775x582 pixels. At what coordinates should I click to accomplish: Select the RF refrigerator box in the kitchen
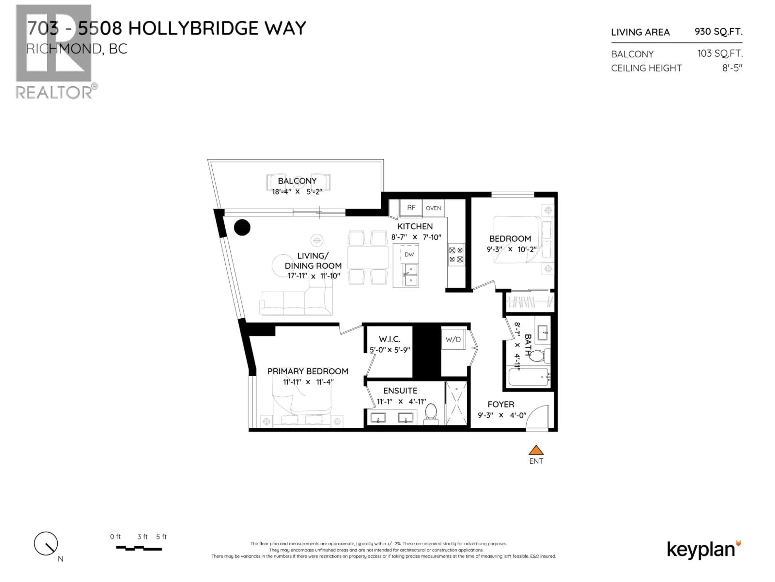click(x=411, y=208)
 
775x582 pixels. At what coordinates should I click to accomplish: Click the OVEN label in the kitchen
click(x=433, y=208)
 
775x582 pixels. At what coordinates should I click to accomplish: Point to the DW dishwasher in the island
click(x=409, y=255)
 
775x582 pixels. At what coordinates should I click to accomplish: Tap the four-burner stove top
click(x=456, y=255)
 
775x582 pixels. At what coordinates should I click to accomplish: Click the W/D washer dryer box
click(x=453, y=339)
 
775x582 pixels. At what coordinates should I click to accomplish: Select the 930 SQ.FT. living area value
click(x=718, y=32)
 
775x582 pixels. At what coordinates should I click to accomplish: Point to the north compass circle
click(x=46, y=543)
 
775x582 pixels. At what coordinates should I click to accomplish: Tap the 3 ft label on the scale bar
click(x=142, y=537)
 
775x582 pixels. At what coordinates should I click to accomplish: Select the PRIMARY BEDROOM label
click(x=308, y=371)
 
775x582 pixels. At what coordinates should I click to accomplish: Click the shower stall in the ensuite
click(x=456, y=403)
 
